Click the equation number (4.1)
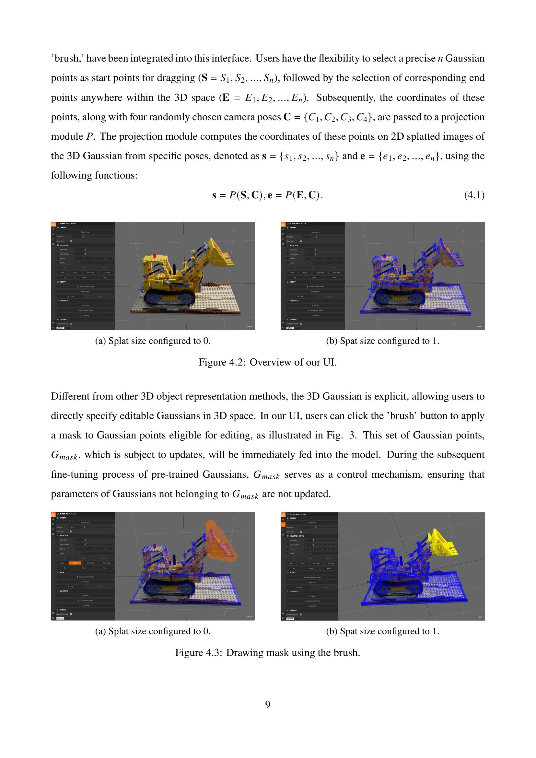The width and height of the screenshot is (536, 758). [x=474, y=195]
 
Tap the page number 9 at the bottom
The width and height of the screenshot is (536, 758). [x=268, y=705]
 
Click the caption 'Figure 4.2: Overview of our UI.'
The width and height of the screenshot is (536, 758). [x=268, y=362]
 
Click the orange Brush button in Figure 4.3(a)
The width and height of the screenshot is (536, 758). [x=75, y=563]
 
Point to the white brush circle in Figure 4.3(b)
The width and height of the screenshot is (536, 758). [x=412, y=566]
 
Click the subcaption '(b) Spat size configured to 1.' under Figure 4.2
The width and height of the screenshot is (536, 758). [x=382, y=341]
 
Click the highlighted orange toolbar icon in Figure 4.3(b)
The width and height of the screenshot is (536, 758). [x=283, y=525]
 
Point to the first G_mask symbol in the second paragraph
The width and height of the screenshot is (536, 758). [x=64, y=456]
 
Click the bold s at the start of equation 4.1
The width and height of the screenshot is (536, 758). [x=214, y=195]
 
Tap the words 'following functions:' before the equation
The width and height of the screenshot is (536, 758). [x=94, y=175]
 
